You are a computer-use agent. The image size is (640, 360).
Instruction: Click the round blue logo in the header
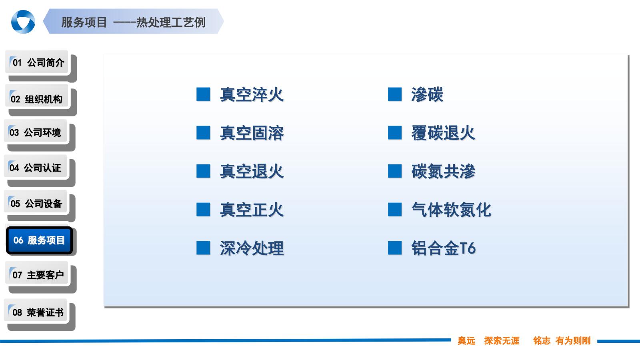tap(23, 22)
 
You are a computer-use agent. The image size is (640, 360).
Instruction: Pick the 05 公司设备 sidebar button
tap(36, 203)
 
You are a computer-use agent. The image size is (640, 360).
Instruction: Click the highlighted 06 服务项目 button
tap(39, 240)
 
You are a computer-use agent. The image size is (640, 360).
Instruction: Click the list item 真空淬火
tap(252, 95)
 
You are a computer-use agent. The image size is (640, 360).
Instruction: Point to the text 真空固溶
tap(252, 133)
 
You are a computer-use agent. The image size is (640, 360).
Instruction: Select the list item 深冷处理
tap(252, 248)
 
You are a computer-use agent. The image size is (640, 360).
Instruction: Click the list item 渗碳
tap(427, 95)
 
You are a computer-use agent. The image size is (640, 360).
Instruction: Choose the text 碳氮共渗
tap(443, 172)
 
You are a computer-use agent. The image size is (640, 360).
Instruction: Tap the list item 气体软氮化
tap(451, 210)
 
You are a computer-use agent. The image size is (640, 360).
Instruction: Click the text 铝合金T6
tap(444, 248)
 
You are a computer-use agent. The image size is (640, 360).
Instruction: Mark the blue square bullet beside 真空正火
tap(203, 210)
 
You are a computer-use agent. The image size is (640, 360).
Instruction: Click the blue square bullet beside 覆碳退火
tap(395, 133)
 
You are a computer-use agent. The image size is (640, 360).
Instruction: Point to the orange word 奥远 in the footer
tap(466, 341)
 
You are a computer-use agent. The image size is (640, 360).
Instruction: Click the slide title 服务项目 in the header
tap(84, 22)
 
